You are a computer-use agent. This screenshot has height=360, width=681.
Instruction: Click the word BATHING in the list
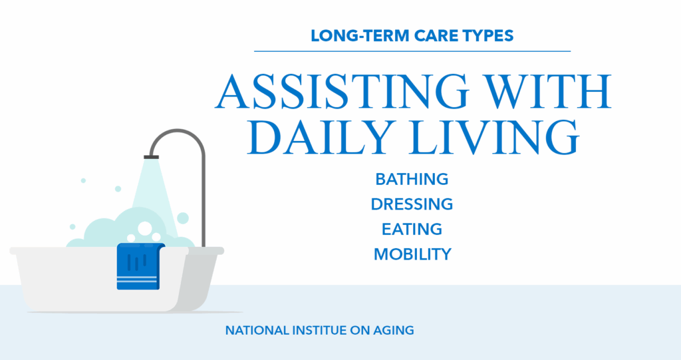(x=412, y=179)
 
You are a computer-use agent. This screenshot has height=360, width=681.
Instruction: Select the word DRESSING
(x=412, y=204)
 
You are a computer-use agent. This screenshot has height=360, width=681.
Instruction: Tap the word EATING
(x=412, y=229)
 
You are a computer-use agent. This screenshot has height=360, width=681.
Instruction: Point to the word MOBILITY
(x=412, y=254)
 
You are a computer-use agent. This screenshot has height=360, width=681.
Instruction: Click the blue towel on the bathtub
(x=140, y=266)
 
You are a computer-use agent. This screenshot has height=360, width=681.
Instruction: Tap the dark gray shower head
(x=151, y=157)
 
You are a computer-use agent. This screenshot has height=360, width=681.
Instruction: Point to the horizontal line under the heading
(x=412, y=51)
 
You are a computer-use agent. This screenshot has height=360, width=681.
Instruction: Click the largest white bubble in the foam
(x=145, y=228)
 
